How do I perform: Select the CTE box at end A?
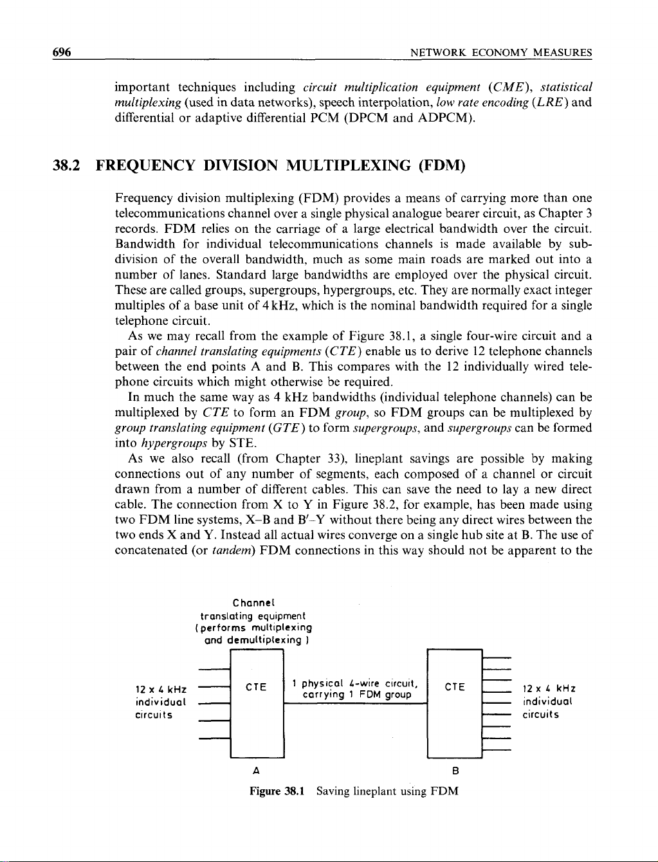coord(257,704)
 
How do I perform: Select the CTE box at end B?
coord(454,704)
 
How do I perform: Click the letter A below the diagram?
coord(257,771)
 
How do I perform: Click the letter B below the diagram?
coord(455,771)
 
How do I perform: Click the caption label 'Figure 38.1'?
coord(277,791)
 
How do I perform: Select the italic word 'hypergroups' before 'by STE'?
coord(167,443)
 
